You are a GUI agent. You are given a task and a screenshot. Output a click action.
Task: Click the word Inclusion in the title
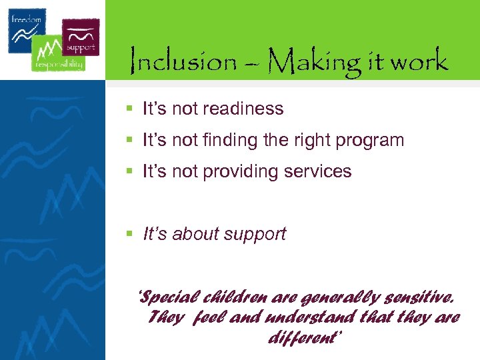183,62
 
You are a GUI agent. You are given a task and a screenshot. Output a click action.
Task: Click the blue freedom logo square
27,29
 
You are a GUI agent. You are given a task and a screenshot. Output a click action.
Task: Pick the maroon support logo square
80,37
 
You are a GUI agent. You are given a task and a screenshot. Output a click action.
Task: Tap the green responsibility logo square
57,53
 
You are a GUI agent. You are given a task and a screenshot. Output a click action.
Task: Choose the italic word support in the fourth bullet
255,234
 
